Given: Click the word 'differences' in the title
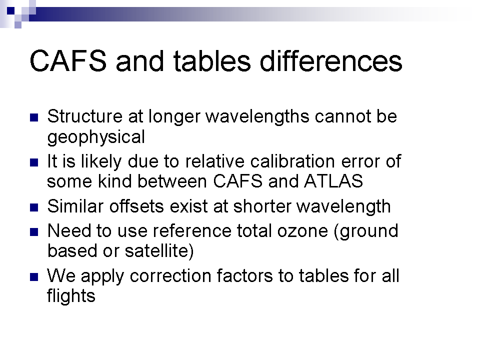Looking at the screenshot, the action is (x=331, y=60).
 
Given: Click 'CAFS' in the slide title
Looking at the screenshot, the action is (x=68, y=60).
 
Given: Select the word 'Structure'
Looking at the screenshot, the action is (x=85, y=116).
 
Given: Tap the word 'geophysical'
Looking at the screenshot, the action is (x=96, y=137).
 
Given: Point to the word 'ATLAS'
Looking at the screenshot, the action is (x=333, y=181).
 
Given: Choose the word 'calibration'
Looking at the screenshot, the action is (x=292, y=161).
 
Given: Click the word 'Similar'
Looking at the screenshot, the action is (x=75, y=206).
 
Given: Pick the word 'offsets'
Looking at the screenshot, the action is (x=137, y=206).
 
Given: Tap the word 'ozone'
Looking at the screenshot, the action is (x=302, y=231).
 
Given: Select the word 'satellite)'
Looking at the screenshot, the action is (x=159, y=250).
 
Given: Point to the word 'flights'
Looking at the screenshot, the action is (x=71, y=295).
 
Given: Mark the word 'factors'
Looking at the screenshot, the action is (x=244, y=275).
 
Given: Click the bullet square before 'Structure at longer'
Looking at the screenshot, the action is (x=34, y=118).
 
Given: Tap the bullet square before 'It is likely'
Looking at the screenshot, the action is (x=34, y=162).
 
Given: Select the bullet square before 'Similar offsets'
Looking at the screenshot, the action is (x=34, y=207).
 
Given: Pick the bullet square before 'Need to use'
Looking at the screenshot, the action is (x=34, y=232).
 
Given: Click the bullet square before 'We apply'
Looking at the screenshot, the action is (x=34, y=277).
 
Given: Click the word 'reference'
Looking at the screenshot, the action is (x=192, y=231).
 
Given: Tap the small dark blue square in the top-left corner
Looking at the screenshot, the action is (x=10, y=10).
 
